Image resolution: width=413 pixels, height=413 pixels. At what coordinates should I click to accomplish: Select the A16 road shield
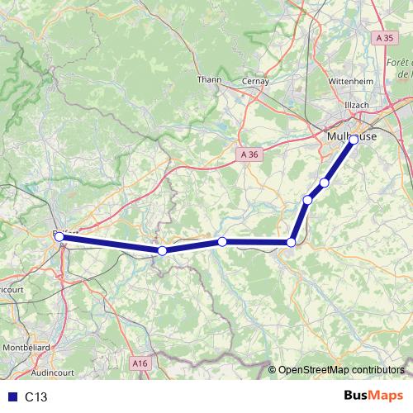coord(140,361)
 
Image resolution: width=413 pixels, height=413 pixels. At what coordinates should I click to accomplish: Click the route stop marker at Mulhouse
coord(354,140)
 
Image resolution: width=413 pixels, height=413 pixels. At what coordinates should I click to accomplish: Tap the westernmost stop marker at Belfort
coord(59,236)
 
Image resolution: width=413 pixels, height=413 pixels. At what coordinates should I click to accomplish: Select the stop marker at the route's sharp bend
coord(291,242)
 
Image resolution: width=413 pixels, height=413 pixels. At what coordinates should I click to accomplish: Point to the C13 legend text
coord(36,397)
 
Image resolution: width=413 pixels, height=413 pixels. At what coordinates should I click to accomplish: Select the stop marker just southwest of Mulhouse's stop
coord(325,183)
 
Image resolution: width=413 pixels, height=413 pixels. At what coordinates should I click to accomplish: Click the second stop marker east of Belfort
coord(222,241)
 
